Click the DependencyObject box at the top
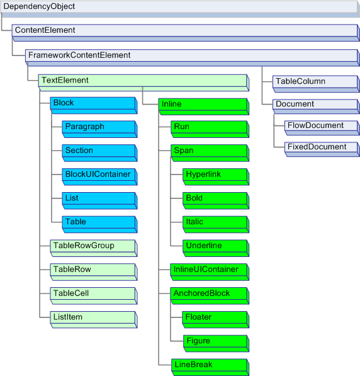tap(179, 8)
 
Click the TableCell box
tap(93, 294)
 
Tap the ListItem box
tap(93, 318)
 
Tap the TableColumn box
tap(315, 82)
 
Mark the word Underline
tap(203, 245)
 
